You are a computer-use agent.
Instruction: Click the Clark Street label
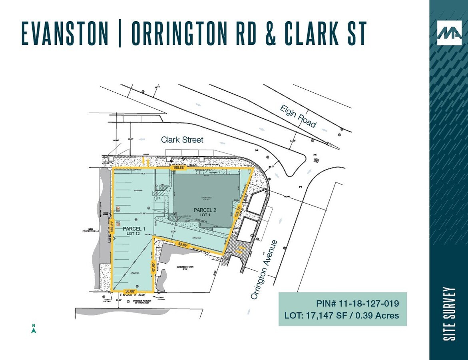pos(182,140)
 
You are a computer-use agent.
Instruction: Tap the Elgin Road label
pos(298,116)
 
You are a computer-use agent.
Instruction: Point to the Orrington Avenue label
pos(264,269)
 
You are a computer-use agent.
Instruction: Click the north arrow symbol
pos(34,328)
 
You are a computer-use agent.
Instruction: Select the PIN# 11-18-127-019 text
pos(357,304)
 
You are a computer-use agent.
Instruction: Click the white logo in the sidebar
pos(449,33)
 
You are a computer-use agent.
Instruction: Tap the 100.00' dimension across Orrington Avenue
pos(287,196)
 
